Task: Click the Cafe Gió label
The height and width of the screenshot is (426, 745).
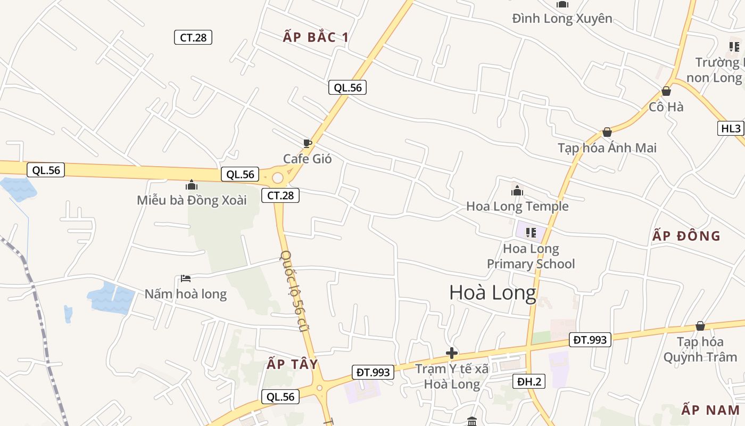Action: (307, 159)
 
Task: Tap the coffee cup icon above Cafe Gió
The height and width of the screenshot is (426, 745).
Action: (307, 143)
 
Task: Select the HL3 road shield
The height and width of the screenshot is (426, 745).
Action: (731, 128)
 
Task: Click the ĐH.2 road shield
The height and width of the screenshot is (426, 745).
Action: (529, 381)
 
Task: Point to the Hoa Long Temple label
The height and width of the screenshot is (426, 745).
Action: (517, 206)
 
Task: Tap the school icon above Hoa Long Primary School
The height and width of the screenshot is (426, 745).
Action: (531, 232)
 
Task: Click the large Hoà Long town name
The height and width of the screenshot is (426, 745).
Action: (492, 292)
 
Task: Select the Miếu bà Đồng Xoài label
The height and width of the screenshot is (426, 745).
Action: (192, 200)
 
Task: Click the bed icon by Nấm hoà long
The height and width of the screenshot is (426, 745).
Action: (186, 278)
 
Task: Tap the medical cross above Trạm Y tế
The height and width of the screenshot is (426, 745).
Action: (452, 353)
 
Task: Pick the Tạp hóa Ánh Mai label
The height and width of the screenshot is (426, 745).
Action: (607, 148)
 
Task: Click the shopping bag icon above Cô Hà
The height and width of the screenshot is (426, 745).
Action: (666, 91)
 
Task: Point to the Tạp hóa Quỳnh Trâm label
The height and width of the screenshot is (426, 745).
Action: (700, 349)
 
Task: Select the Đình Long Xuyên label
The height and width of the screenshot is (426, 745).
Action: (562, 19)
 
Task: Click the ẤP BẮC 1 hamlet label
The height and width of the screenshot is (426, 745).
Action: (316, 37)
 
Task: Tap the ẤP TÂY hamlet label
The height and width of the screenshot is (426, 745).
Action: (292, 364)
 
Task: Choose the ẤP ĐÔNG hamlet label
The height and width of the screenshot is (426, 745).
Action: (686, 236)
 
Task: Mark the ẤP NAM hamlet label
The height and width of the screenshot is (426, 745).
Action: (710, 410)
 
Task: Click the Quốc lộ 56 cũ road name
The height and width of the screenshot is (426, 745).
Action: (295, 291)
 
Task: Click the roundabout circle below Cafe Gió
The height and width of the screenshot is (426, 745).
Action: (278, 177)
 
